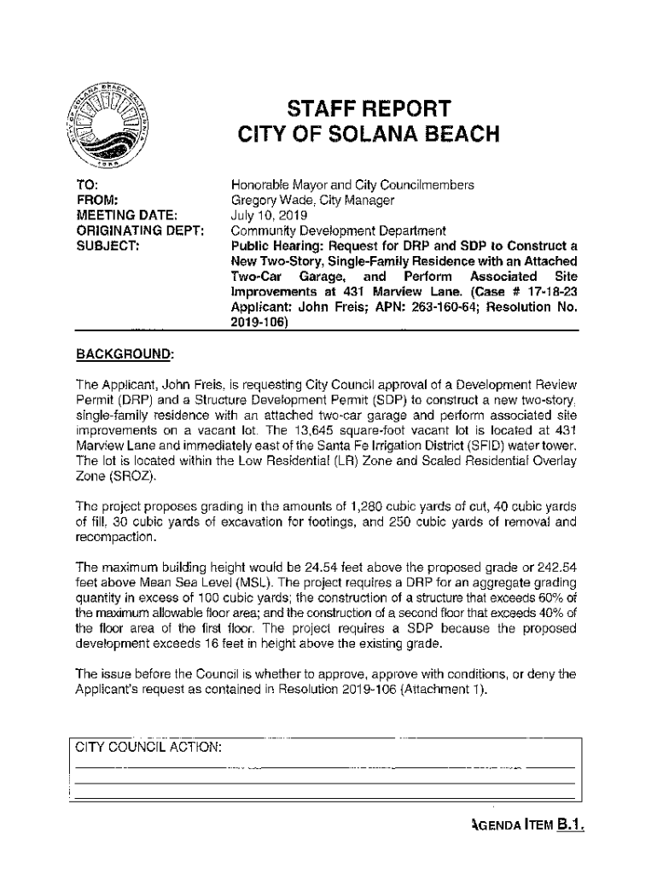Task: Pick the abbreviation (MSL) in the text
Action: pyautogui.click(x=242, y=582)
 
